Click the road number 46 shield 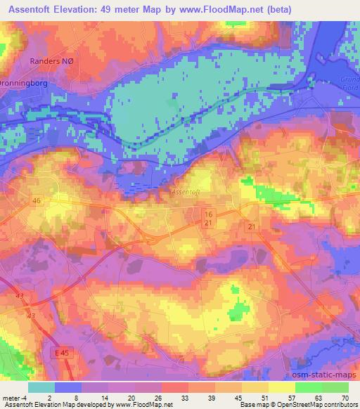coord(36,200)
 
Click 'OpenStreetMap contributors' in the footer coord(313,405)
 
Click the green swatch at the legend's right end coord(335,387)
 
